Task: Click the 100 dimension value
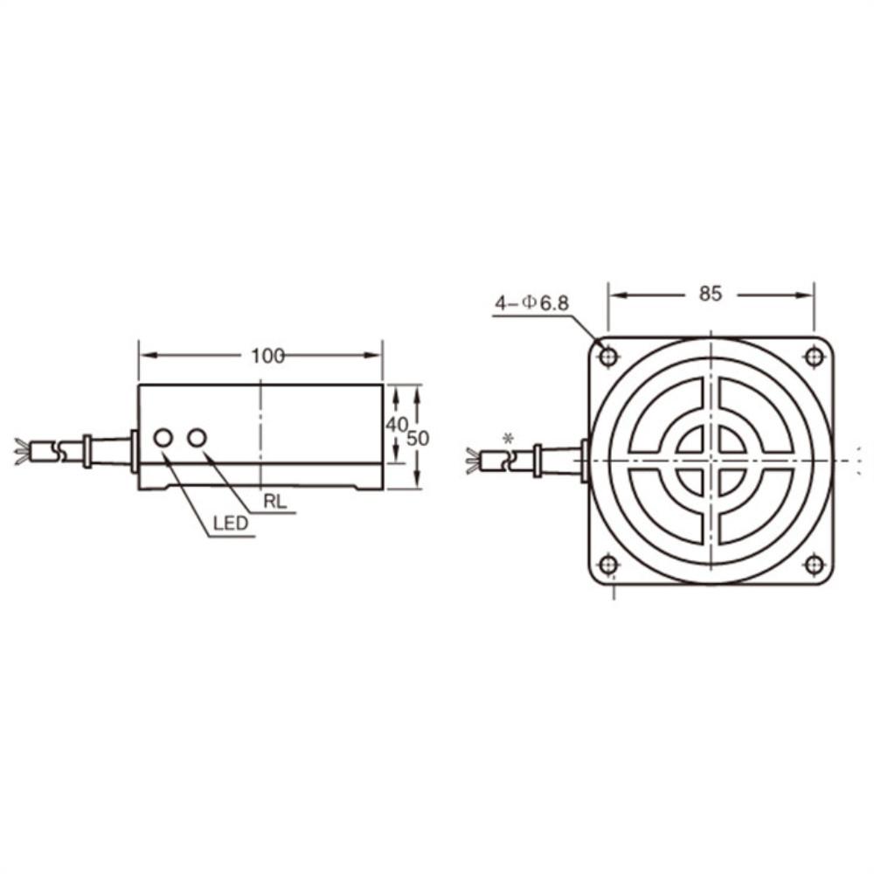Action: point(267,356)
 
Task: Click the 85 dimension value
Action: point(711,295)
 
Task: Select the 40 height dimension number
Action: point(397,424)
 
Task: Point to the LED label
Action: point(230,524)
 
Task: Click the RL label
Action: point(274,503)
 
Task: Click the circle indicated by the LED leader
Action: point(163,437)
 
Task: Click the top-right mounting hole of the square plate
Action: point(814,357)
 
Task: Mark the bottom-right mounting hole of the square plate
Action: point(814,565)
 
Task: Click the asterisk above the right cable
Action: point(507,438)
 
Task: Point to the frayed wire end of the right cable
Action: point(473,460)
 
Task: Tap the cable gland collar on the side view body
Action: point(134,451)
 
